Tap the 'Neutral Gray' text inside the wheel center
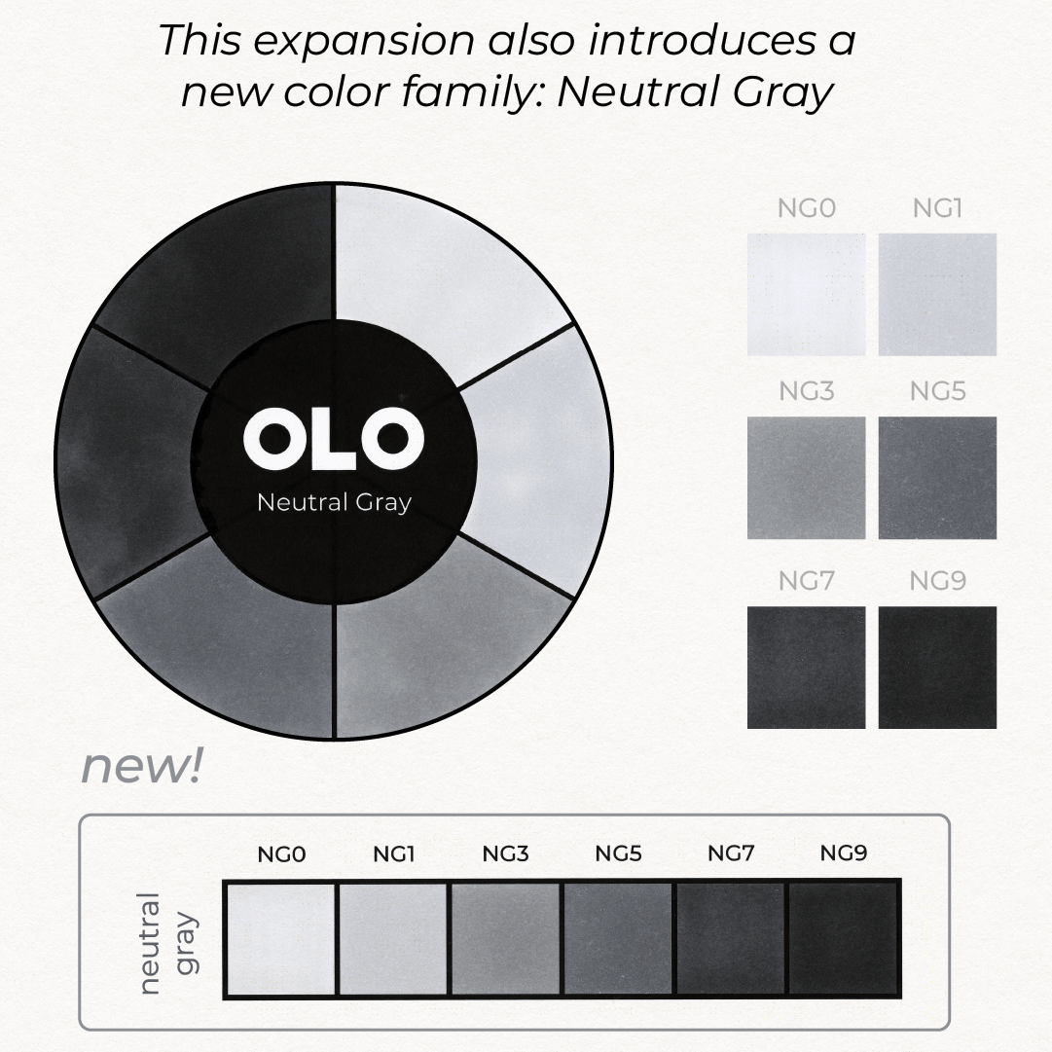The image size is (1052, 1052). click(x=334, y=502)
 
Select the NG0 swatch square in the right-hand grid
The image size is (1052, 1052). click(x=807, y=295)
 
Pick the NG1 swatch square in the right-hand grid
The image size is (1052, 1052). click(x=937, y=295)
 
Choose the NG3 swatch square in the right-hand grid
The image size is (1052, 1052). click(x=807, y=478)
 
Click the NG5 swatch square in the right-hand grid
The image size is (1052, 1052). click(x=937, y=478)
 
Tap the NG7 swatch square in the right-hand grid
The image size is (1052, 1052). click(x=807, y=668)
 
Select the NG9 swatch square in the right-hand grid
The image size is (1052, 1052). click(x=937, y=668)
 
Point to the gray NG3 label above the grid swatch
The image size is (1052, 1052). click(x=807, y=390)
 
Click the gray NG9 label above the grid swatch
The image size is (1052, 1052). click(x=937, y=580)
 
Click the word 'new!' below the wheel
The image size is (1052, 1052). click(x=141, y=766)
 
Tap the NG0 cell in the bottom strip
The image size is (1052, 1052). click(x=280, y=939)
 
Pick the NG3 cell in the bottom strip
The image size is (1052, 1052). click(x=505, y=939)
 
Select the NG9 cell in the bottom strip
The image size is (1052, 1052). click(x=844, y=939)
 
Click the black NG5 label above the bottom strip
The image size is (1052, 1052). click(x=618, y=853)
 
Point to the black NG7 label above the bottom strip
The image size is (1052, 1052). click(x=731, y=853)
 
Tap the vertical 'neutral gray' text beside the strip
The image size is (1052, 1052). click(x=167, y=943)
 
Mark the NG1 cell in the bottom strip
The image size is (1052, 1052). click(x=392, y=939)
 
